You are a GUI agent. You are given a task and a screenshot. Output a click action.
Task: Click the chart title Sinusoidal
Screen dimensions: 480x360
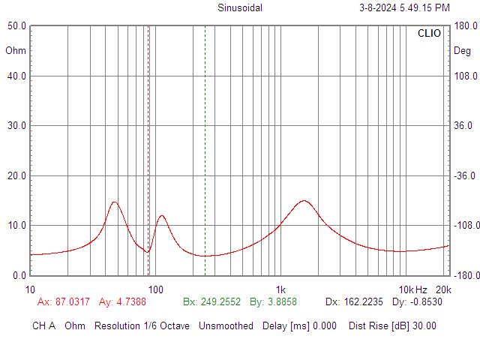[x=240, y=7]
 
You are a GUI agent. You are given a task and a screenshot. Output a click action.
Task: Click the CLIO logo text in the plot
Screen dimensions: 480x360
[x=429, y=33]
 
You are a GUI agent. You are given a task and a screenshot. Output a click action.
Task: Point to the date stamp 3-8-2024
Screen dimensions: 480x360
[x=378, y=7]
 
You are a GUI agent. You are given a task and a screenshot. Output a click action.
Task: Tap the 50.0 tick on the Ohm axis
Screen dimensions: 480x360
[x=16, y=25]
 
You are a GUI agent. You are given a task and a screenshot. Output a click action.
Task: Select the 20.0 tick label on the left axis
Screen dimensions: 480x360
[x=16, y=175]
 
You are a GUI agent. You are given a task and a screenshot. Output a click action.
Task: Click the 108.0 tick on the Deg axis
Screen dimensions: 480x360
[x=466, y=76]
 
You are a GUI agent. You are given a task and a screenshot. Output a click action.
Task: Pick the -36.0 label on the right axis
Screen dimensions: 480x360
[x=465, y=175]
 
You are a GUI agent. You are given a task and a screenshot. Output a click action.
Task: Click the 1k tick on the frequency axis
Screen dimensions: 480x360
[x=280, y=289]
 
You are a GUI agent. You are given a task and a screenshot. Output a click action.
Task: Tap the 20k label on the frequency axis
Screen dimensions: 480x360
[x=443, y=289]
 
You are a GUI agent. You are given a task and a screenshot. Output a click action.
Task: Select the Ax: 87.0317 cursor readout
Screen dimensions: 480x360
[x=64, y=301]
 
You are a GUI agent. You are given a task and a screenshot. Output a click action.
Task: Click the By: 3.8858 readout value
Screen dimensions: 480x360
[x=273, y=301]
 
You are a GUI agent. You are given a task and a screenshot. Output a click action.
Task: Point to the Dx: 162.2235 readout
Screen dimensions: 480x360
[x=354, y=301]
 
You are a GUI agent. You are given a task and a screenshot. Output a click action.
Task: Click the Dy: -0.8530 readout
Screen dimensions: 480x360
[x=417, y=301]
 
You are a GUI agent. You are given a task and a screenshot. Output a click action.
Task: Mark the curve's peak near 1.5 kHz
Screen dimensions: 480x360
[x=303, y=201]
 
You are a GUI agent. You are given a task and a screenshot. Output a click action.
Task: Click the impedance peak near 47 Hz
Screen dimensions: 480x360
[x=115, y=202]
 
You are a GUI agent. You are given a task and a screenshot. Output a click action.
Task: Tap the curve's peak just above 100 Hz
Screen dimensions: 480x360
[x=162, y=215]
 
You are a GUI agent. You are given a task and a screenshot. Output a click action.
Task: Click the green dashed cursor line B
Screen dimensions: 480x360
[x=205, y=151]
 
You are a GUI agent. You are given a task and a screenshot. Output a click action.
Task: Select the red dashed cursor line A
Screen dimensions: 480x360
[x=148, y=151]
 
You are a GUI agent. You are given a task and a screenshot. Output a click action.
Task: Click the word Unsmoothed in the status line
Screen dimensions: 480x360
[x=226, y=325]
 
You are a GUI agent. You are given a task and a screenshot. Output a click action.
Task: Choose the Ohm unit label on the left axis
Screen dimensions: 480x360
[x=16, y=50]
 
